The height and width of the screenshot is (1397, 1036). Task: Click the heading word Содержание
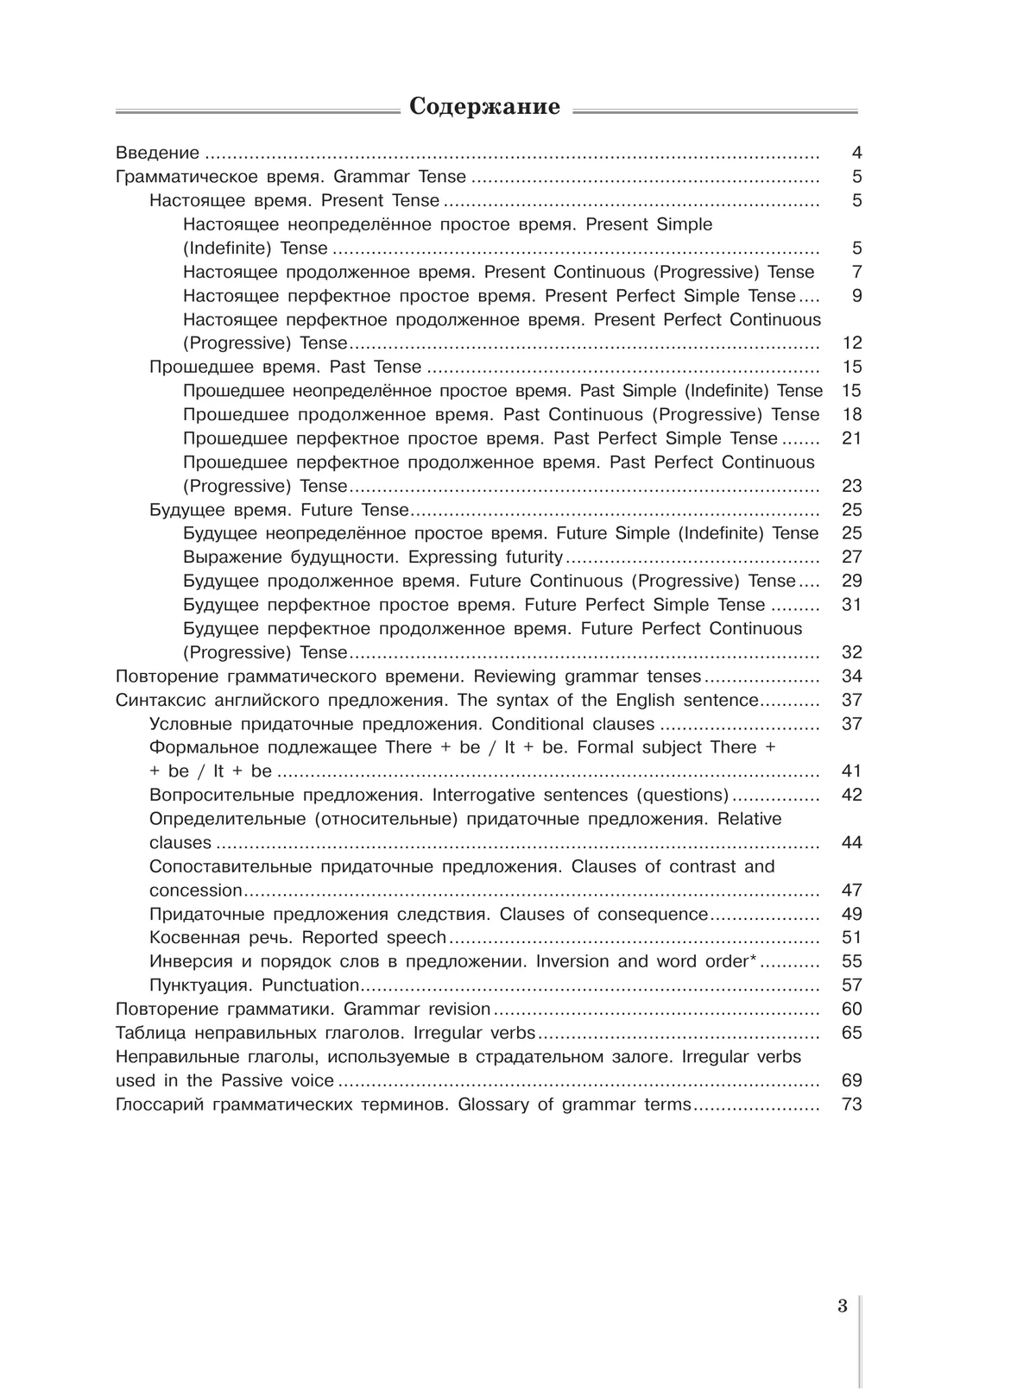(x=484, y=107)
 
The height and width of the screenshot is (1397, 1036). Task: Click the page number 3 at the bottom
(x=843, y=1306)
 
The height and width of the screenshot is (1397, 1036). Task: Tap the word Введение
(x=157, y=154)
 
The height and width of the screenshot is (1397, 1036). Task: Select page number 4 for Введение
(x=856, y=154)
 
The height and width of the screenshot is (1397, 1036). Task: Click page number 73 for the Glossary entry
(x=851, y=1104)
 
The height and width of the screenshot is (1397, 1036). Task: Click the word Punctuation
(x=310, y=985)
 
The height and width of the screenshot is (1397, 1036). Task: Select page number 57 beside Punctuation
(x=851, y=985)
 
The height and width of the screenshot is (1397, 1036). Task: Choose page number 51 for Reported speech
(x=851, y=938)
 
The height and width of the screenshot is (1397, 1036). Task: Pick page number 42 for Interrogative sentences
(x=851, y=795)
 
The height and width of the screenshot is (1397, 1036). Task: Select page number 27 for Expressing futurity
(x=851, y=557)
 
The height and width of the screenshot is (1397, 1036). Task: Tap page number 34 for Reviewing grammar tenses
(x=851, y=676)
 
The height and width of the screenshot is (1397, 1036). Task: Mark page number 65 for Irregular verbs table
(x=851, y=1033)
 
